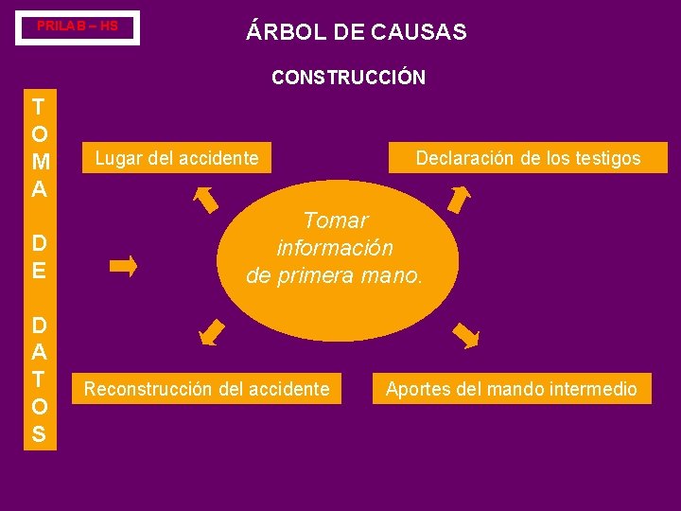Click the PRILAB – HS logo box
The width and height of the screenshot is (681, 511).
pos(78,27)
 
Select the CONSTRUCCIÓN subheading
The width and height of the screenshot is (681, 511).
pos(348,78)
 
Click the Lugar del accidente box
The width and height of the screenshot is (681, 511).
pos(177,158)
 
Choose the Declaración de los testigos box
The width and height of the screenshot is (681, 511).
pos(528,158)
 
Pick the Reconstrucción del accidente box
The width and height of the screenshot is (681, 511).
pos(207,388)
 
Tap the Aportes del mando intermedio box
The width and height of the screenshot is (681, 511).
pos(512,388)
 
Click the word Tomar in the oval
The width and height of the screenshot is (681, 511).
pos(336,220)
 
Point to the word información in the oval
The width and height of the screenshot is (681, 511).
pos(335,248)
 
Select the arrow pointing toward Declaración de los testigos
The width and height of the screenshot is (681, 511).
pos(459,200)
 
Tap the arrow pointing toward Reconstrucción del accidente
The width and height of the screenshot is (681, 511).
pos(212,332)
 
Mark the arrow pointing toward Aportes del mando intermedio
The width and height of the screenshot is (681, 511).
pos(465,336)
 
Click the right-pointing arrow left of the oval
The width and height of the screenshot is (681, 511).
pos(124,265)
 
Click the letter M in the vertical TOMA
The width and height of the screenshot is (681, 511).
pos(39,162)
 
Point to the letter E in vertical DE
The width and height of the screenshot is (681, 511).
pos(39,271)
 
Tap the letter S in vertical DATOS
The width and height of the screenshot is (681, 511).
pos(39,434)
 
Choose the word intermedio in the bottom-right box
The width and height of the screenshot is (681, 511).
pos(594,388)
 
